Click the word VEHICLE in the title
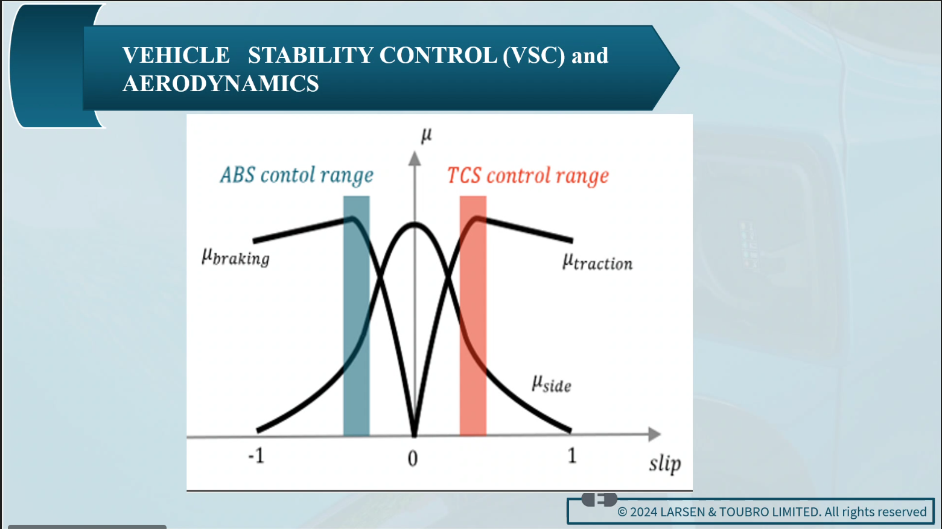click(176, 55)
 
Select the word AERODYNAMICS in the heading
click(221, 83)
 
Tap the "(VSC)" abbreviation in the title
click(533, 55)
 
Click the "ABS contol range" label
click(296, 175)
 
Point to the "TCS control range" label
click(528, 176)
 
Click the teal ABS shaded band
click(357, 316)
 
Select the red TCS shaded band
click(473, 316)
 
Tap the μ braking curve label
click(235, 256)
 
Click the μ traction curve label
click(597, 262)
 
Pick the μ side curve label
click(552, 384)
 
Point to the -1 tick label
click(256, 455)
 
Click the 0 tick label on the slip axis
click(413, 458)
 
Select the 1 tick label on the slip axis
click(572, 455)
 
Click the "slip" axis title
click(665, 463)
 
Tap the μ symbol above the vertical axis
click(427, 135)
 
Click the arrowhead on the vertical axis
click(415, 159)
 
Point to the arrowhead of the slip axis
click(654, 434)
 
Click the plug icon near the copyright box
click(599, 499)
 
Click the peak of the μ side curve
click(415, 224)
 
